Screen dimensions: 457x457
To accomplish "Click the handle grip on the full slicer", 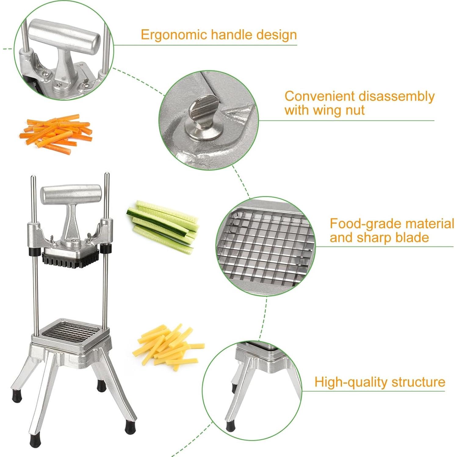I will (x=71, y=194).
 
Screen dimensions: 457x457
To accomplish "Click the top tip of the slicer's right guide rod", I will (x=107, y=175).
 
